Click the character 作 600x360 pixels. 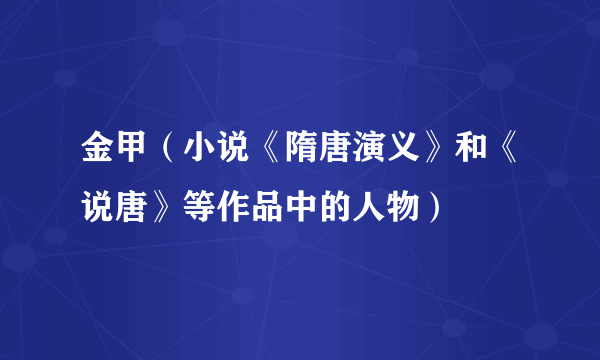(221, 208)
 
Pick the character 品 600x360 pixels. (249, 208)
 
